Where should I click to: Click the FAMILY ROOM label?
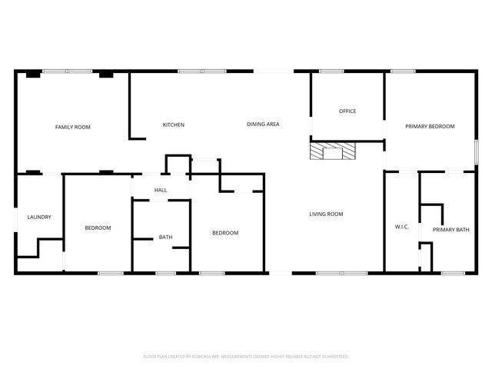(x=72, y=126)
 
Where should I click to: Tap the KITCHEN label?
(x=173, y=125)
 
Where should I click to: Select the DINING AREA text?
(x=262, y=125)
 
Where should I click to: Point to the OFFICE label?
(x=347, y=111)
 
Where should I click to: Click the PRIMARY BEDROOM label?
(x=430, y=126)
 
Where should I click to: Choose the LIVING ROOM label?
(x=326, y=214)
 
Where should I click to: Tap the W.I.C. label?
(x=401, y=227)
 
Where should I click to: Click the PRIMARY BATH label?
(x=450, y=230)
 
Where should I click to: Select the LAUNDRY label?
(x=39, y=217)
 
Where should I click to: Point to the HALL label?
(x=161, y=190)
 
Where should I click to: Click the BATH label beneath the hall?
(x=165, y=237)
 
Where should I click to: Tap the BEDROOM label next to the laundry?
(x=98, y=228)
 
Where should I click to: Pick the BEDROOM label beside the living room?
(x=225, y=233)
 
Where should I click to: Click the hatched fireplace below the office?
(x=333, y=151)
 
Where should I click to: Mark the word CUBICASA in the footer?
(x=200, y=357)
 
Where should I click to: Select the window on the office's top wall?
(x=331, y=71)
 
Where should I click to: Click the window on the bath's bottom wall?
(x=165, y=273)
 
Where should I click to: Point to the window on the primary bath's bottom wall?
(x=452, y=273)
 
